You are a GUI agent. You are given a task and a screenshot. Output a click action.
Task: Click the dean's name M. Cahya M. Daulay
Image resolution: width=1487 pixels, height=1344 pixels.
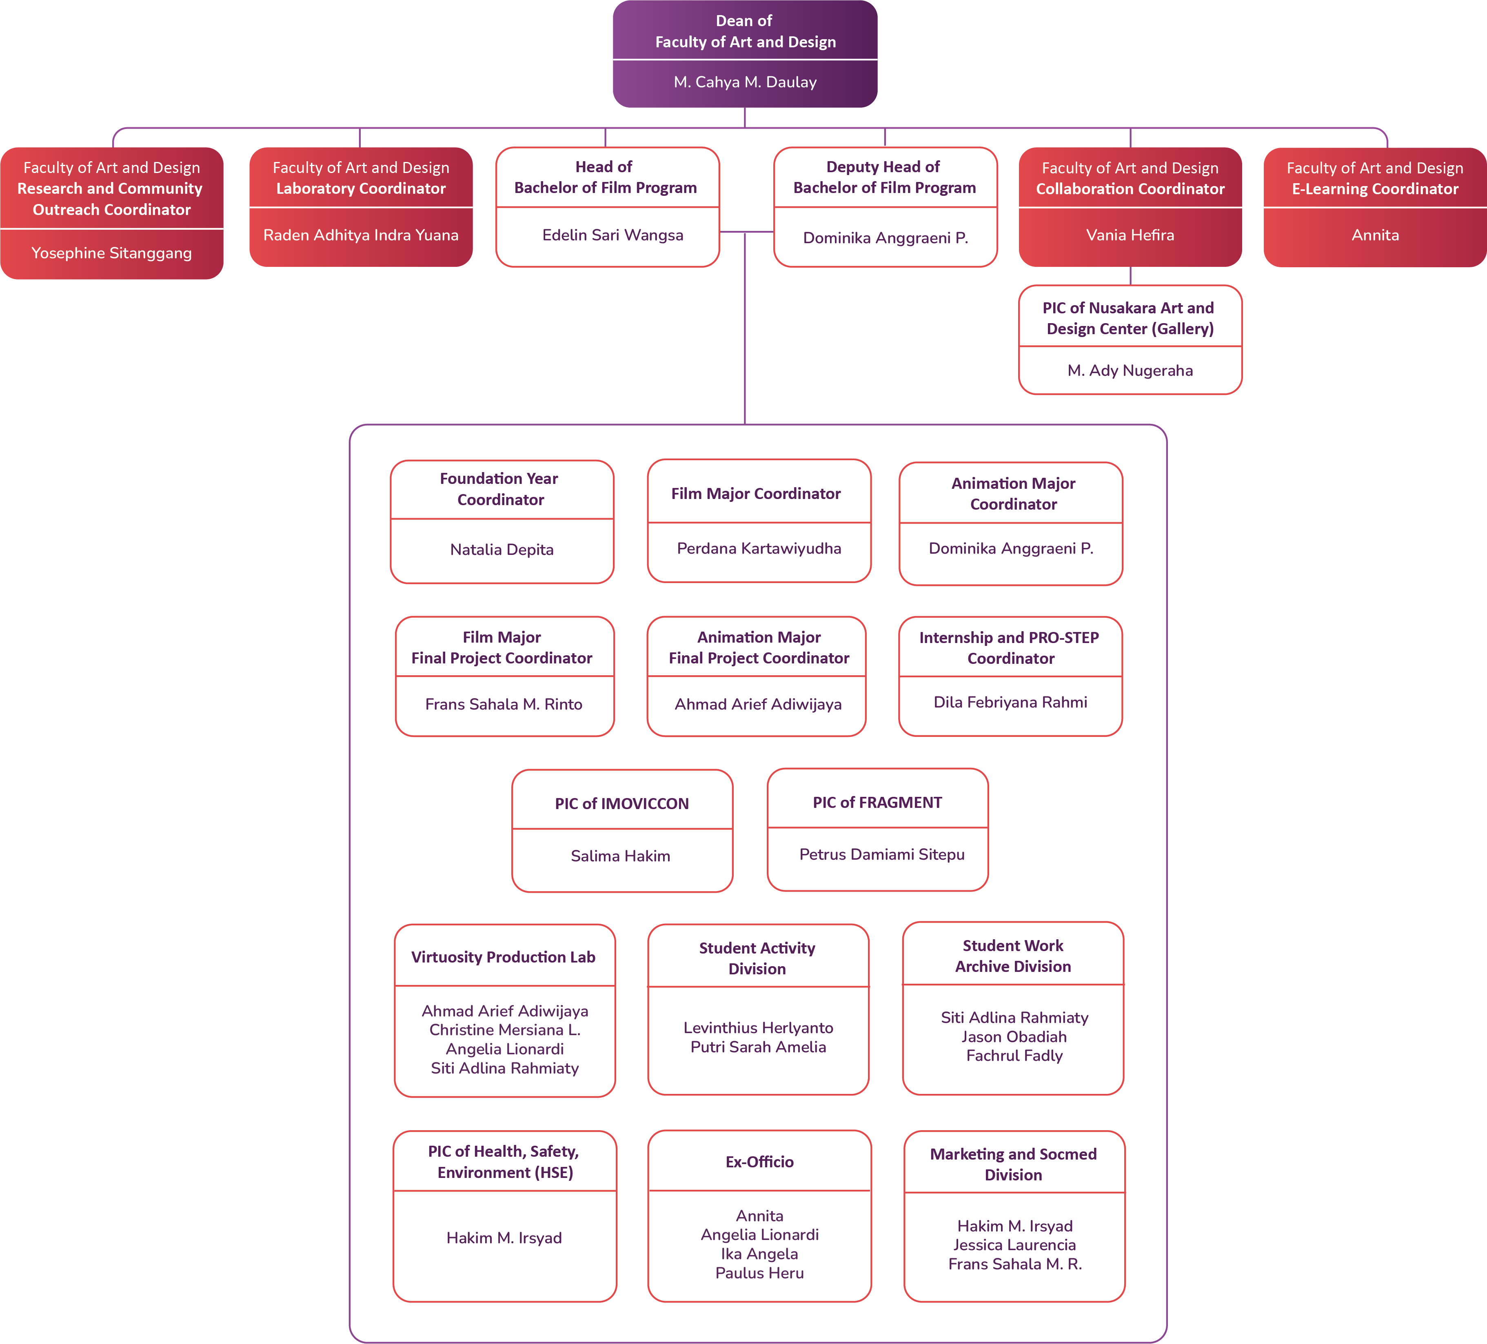click(x=745, y=82)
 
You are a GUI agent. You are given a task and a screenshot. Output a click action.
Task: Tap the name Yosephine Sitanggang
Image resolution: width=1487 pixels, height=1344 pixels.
click(x=111, y=253)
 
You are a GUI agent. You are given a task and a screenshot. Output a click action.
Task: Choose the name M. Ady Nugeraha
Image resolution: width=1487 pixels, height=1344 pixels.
click(x=1130, y=370)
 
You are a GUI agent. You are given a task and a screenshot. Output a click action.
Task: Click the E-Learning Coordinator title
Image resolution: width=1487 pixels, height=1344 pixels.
click(x=1375, y=189)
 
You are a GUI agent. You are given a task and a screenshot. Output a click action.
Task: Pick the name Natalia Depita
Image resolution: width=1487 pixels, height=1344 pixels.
click(x=502, y=550)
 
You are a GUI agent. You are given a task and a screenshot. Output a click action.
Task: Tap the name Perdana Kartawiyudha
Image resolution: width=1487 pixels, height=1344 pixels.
click(x=759, y=548)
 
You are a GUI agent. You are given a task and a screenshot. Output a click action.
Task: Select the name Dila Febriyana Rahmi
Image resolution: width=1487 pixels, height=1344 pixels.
click(x=1010, y=702)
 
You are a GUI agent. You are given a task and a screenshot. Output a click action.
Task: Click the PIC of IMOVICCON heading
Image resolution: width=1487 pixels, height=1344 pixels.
click(x=622, y=803)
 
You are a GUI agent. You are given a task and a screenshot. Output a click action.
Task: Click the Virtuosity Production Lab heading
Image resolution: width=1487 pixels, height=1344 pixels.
click(x=503, y=957)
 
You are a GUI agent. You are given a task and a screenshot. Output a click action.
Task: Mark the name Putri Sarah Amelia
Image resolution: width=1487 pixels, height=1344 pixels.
click(x=758, y=1047)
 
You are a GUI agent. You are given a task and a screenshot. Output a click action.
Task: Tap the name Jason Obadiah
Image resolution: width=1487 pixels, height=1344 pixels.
click(x=1014, y=1036)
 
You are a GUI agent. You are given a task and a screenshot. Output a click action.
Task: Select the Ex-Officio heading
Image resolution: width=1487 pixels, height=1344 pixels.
click(x=760, y=1162)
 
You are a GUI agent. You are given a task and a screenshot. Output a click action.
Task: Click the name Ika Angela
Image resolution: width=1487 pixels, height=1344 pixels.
click(x=760, y=1254)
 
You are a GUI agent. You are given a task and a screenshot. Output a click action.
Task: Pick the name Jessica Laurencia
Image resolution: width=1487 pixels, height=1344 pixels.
click(x=1014, y=1245)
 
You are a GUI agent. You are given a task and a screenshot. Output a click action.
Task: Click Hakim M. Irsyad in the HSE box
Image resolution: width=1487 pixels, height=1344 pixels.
click(x=504, y=1238)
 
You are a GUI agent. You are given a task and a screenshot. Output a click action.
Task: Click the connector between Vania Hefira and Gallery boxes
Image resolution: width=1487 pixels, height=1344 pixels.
click(x=1130, y=276)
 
